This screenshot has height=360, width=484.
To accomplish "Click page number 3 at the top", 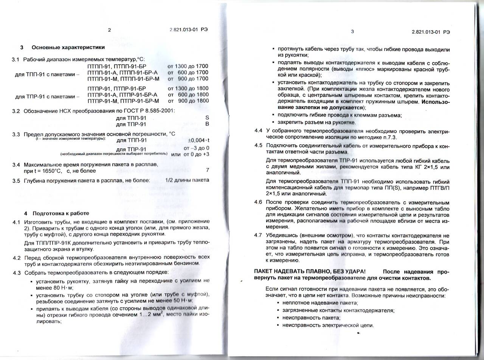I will click(x=352, y=31).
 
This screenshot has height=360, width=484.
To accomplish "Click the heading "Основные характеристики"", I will click(x=68, y=47).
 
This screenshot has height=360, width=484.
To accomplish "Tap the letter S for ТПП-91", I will click(x=207, y=118).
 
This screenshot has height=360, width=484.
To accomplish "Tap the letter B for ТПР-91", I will click(x=207, y=124).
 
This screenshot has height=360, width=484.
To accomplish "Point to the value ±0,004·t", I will click(x=199, y=140).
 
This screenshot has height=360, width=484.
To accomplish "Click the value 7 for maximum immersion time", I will click(x=208, y=170).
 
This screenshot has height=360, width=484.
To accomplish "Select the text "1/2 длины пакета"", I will click(x=187, y=180).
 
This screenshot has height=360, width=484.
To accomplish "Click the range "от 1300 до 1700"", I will click(x=188, y=66).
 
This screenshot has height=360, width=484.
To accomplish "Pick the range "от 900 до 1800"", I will click(x=188, y=101).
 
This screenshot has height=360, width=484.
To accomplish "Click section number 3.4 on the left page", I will click(x=16, y=165).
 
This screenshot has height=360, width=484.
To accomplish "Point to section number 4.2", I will click(x=17, y=258).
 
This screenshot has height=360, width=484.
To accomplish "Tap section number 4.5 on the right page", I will click(x=258, y=145).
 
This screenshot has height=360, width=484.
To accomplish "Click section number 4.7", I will click(x=258, y=235).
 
